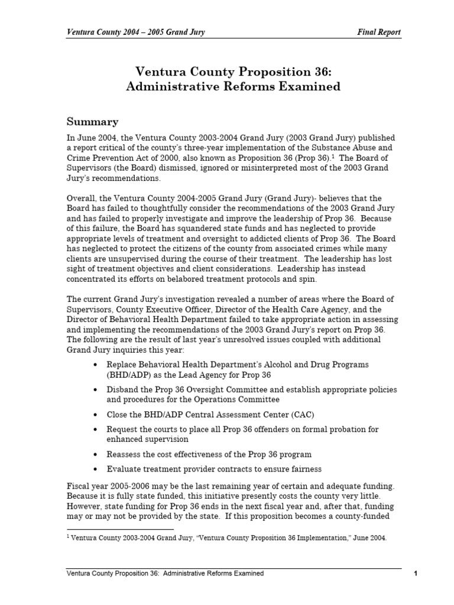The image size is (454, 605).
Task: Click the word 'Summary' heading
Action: [92, 122]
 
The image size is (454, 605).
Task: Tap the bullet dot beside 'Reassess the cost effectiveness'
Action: [96, 454]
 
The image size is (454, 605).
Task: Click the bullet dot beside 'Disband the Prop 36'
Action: [96, 390]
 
